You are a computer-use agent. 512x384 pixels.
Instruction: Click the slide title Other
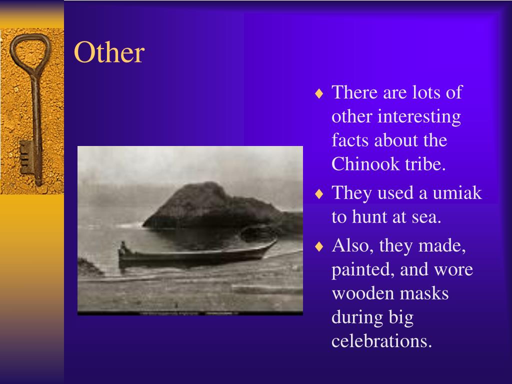tap(109, 53)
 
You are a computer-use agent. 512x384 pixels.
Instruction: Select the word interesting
tap(419, 117)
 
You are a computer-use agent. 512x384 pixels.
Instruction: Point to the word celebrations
tap(381, 341)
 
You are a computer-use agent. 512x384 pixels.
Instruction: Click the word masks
tap(426, 293)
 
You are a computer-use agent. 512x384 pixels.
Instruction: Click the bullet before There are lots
tap(320, 93)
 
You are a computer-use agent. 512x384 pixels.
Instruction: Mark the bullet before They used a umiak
tap(320, 194)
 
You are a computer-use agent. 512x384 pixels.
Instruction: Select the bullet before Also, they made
tap(320, 246)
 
